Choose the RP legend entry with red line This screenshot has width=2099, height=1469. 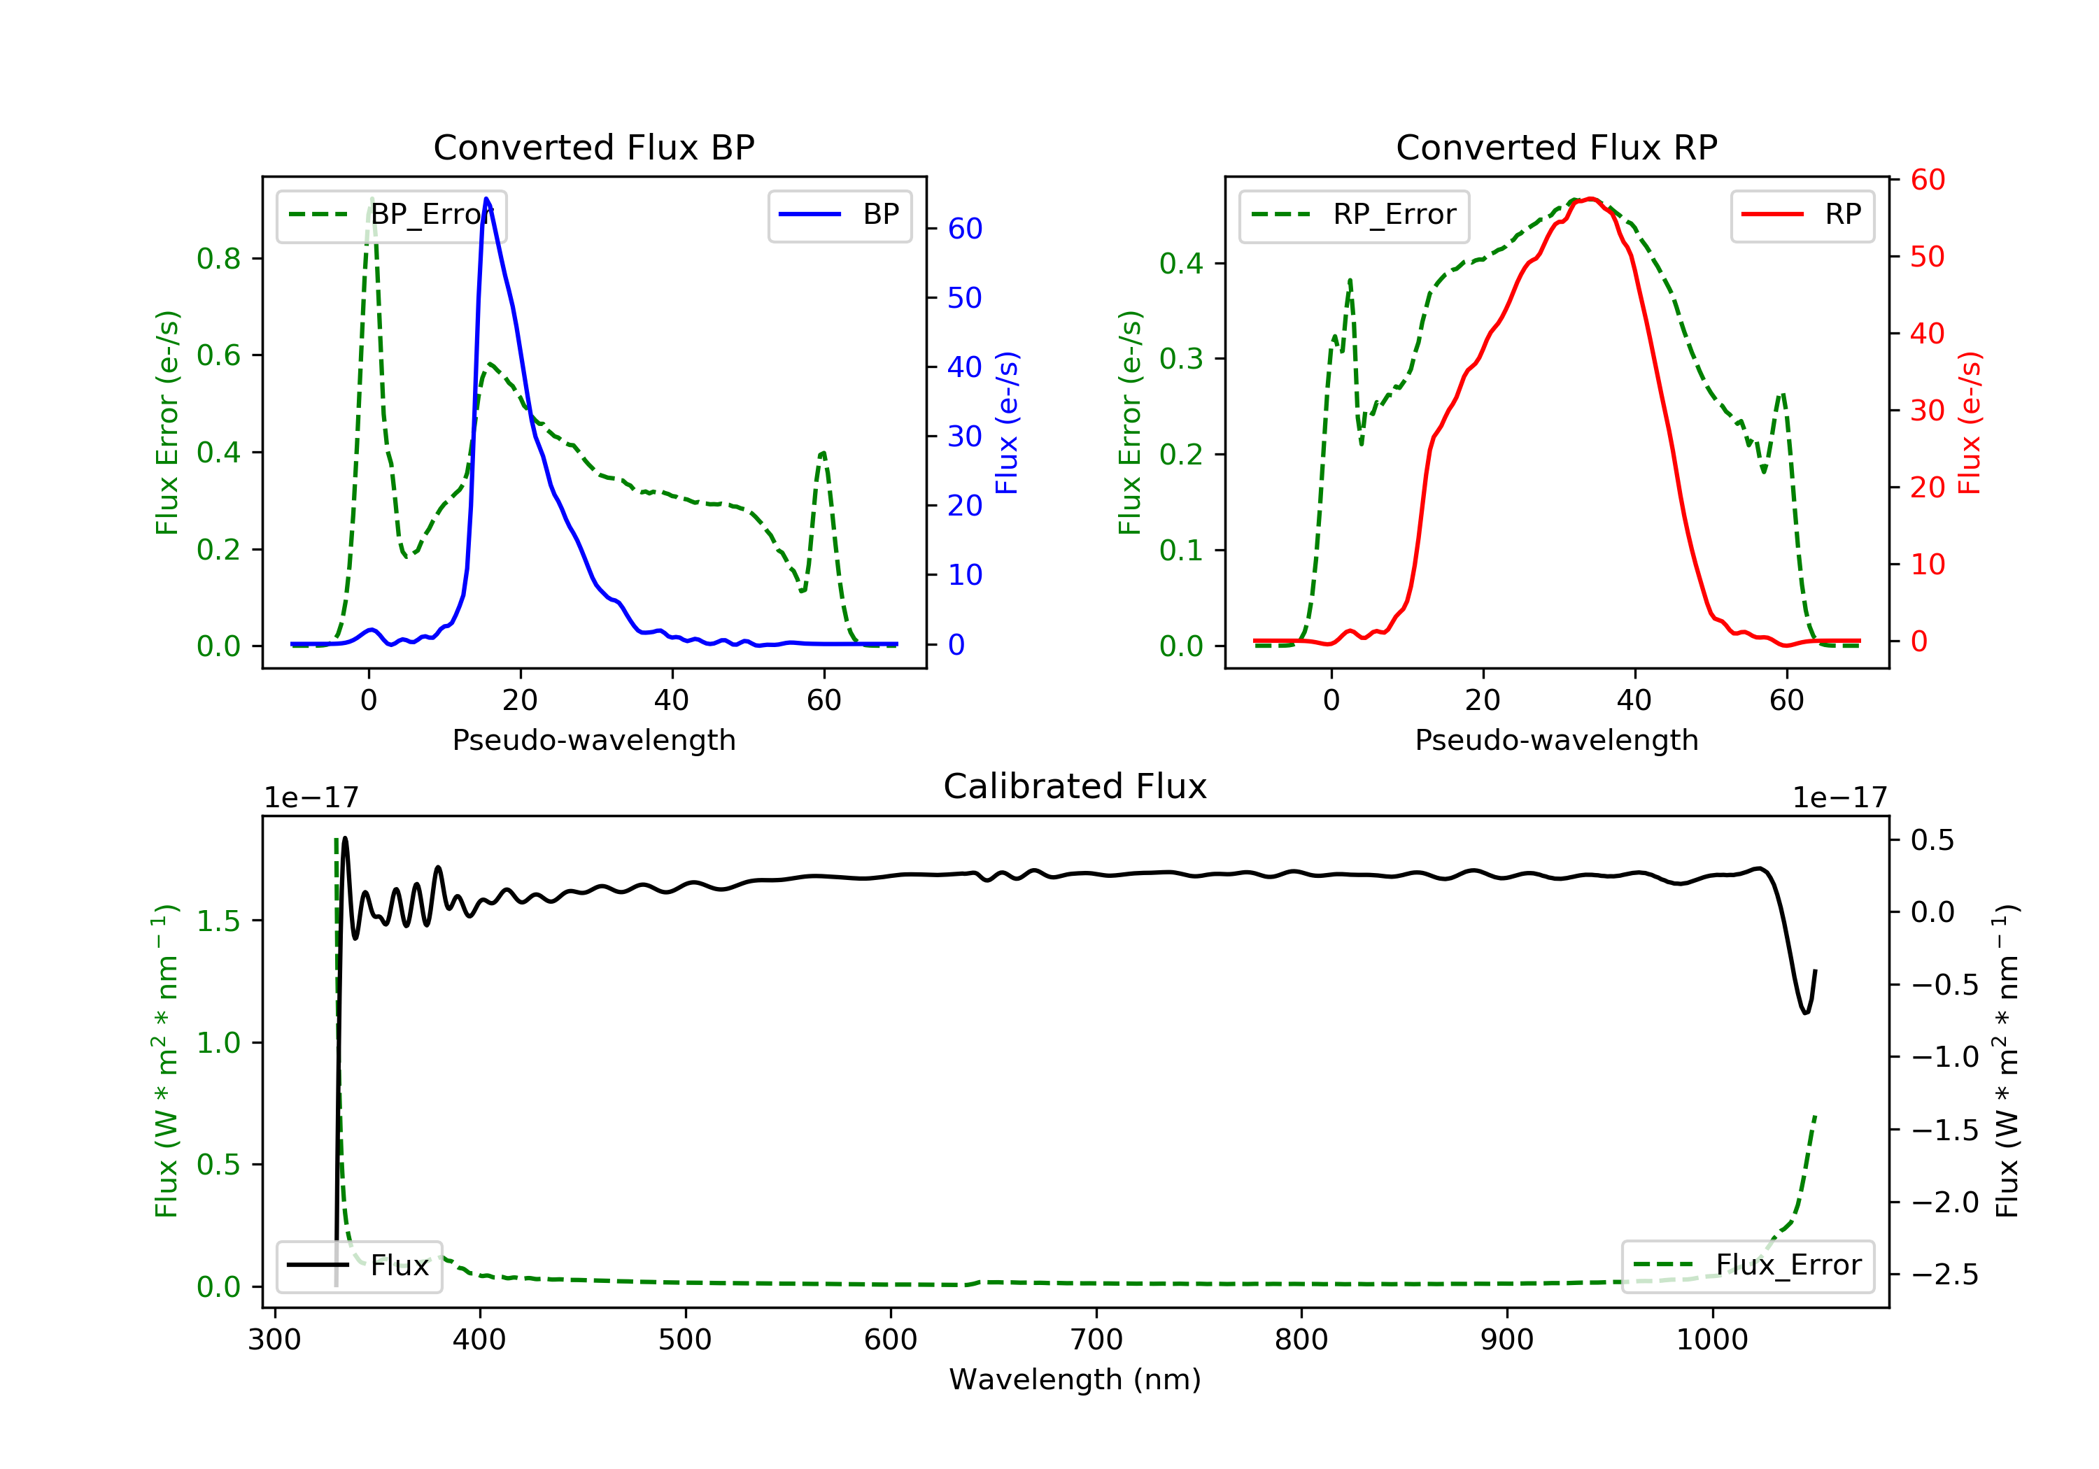coord(1801,215)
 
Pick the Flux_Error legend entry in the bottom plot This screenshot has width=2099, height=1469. coord(1747,1265)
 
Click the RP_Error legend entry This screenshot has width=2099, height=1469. coord(1354,215)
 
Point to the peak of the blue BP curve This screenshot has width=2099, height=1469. coord(486,199)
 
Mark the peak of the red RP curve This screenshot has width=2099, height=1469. coord(1591,199)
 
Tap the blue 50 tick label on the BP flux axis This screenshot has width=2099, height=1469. coord(964,298)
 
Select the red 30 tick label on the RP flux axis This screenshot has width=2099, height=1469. coord(1927,411)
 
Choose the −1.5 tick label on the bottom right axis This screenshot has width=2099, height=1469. coord(1944,1130)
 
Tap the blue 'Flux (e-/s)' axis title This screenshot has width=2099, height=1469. coord(1007,423)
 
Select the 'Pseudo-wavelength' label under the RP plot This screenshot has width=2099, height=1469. coord(1556,740)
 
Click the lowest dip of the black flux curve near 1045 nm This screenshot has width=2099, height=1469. coord(1806,1013)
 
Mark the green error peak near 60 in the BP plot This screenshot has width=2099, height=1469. coord(823,453)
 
